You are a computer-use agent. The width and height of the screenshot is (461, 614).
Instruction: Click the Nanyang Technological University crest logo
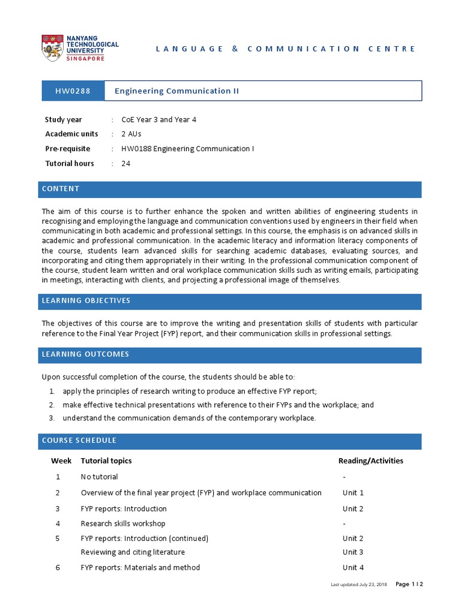click(53, 48)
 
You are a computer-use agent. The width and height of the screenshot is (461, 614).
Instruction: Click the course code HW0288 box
click(73, 91)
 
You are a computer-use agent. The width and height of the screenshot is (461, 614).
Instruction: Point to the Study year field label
click(64, 119)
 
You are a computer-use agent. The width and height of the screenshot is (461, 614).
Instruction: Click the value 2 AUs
click(131, 134)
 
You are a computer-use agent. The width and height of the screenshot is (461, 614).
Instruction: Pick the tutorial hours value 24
click(126, 163)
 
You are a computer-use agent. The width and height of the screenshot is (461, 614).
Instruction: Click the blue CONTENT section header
click(230, 189)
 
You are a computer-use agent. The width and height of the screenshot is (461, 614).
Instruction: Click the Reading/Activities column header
click(371, 460)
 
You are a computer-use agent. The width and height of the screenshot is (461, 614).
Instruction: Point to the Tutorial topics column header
click(106, 460)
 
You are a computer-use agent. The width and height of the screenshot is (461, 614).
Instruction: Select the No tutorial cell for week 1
click(100, 477)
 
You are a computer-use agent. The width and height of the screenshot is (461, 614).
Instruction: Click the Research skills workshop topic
click(123, 523)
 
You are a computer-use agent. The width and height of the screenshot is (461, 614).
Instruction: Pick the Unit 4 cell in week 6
click(354, 567)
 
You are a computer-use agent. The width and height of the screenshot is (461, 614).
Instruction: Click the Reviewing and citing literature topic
click(133, 552)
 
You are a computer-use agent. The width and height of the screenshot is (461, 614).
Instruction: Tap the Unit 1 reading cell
click(354, 493)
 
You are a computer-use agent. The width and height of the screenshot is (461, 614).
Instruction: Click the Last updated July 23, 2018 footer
click(359, 585)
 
